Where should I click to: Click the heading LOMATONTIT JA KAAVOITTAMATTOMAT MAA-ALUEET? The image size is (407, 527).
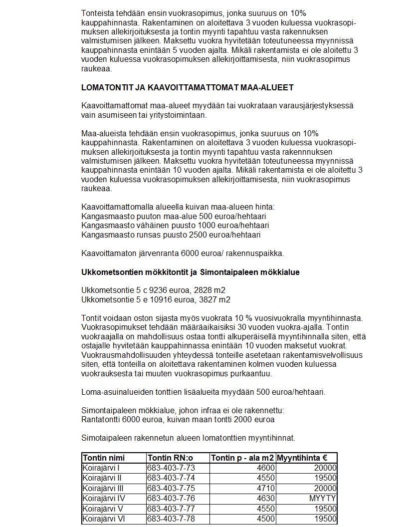coord(187,87)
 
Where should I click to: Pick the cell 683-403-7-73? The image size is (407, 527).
coord(171,468)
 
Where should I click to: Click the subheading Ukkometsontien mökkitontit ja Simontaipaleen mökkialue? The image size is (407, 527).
coord(191,272)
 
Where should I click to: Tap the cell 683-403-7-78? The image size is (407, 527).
coord(171,519)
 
